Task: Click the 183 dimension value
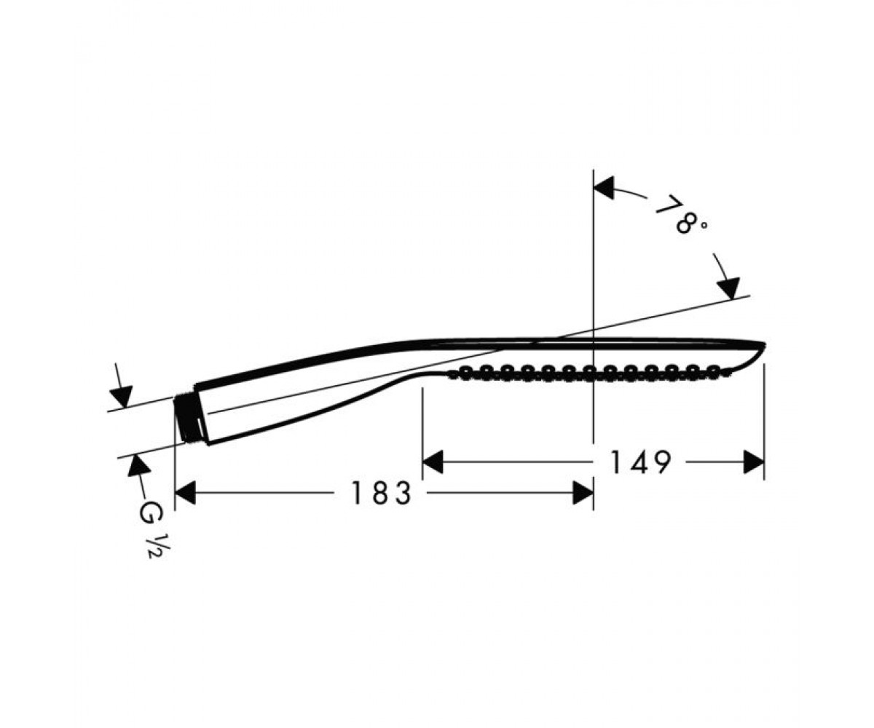[x=381, y=494]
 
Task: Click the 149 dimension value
[x=641, y=462]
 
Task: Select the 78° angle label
[x=681, y=215]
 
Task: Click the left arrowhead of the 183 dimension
[x=185, y=493]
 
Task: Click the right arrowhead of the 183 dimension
[x=583, y=493]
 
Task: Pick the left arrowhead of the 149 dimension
[x=433, y=462]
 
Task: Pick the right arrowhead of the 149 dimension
[x=754, y=462]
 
